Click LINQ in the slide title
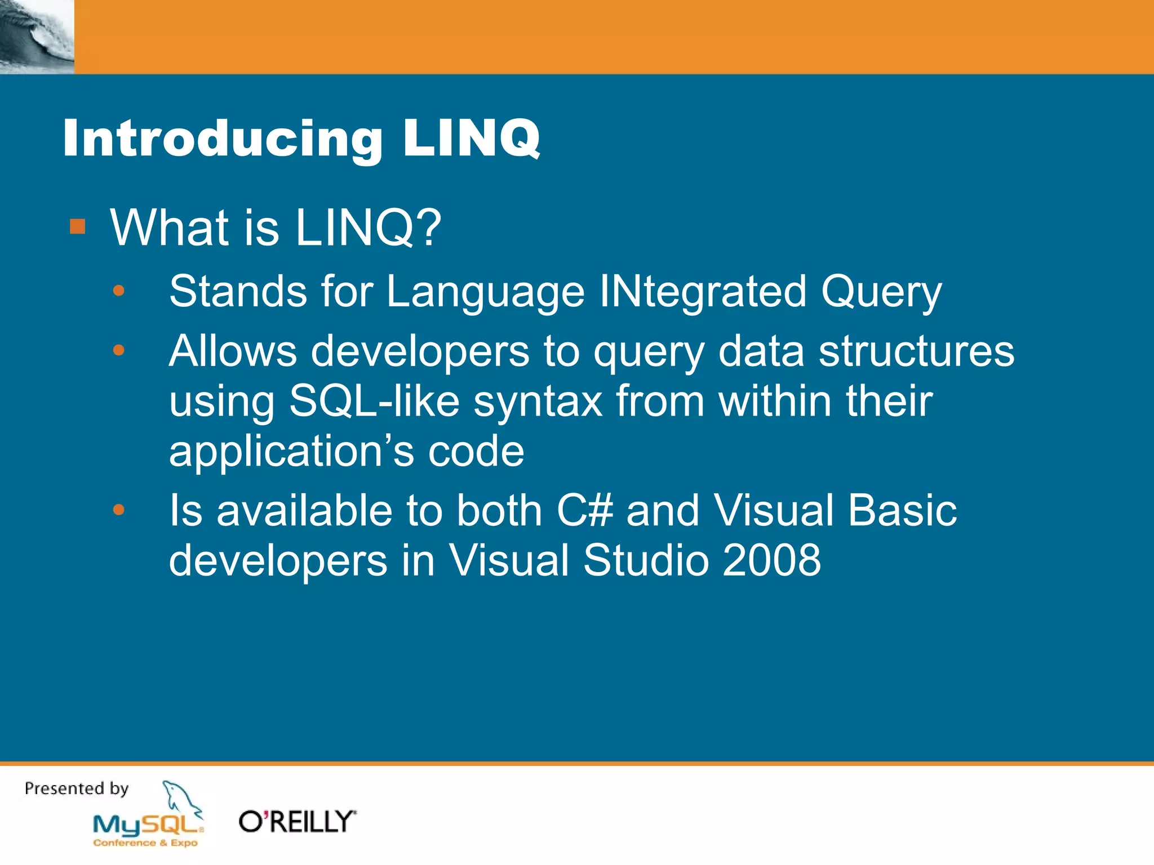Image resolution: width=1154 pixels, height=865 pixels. coord(471,139)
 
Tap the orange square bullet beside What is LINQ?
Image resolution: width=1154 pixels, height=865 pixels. coord(77,227)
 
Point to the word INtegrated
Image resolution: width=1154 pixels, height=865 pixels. coord(702,292)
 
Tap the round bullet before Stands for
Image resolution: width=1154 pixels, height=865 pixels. coord(118,291)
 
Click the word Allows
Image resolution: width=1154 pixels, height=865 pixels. coord(233,351)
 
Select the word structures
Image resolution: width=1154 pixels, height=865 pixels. coord(916,351)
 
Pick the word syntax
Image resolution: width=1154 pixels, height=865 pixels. coord(538,402)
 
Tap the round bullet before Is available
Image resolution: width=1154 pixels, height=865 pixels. coord(118,510)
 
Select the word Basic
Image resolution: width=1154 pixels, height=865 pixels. coord(902,510)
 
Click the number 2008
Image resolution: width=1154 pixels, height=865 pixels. coord(771,560)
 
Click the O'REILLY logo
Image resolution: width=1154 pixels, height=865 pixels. coord(297,822)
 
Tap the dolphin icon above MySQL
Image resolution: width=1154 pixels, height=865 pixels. coord(180,797)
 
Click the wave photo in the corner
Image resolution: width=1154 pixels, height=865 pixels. coord(37,37)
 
